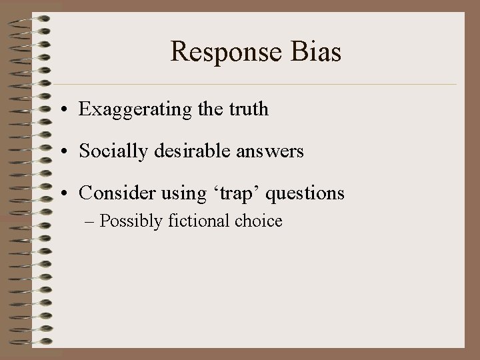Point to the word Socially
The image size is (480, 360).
pyautogui.click(x=109, y=151)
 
